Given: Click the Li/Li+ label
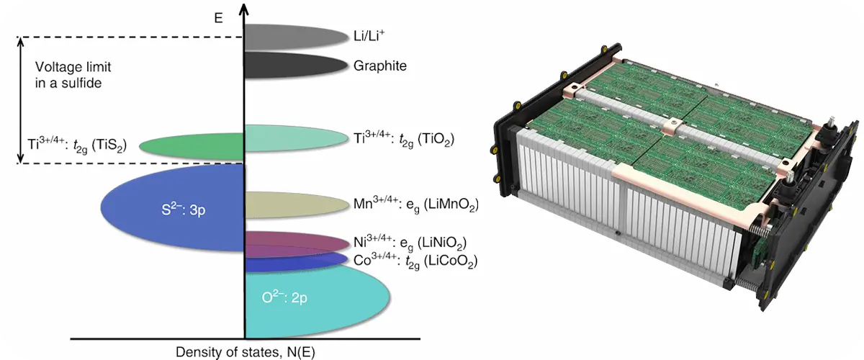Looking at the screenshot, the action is pyautogui.click(x=369, y=35).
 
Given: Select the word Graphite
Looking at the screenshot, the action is pyautogui.click(x=380, y=66).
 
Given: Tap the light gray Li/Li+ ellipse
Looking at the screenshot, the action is pyautogui.click(x=296, y=37).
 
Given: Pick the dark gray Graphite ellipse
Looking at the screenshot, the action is pyautogui.click(x=296, y=66).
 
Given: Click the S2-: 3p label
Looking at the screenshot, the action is pyautogui.click(x=183, y=209).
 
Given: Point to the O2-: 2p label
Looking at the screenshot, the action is pyautogui.click(x=284, y=297).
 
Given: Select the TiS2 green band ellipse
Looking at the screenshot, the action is pyautogui.click(x=192, y=146).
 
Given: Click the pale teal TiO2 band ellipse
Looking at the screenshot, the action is pyautogui.click(x=296, y=138).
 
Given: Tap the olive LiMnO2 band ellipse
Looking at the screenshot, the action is pyautogui.click(x=296, y=204).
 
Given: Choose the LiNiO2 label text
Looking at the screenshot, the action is pyautogui.click(x=410, y=243).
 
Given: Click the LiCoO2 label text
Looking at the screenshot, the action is pyautogui.click(x=415, y=261).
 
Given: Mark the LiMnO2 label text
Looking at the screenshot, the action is pyautogui.click(x=416, y=204).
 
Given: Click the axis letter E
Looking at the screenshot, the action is pyautogui.click(x=218, y=18).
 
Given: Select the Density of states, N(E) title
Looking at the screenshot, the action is pyautogui.click(x=246, y=352).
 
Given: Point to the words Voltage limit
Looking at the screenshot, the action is pyautogui.click(x=73, y=67).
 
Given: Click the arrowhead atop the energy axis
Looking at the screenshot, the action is pyautogui.click(x=243, y=9).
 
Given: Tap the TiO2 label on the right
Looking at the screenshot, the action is pyautogui.click(x=404, y=139).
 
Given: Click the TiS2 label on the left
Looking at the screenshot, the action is pyautogui.click(x=77, y=145).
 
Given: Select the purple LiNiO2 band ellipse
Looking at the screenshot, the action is pyautogui.click(x=297, y=244).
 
